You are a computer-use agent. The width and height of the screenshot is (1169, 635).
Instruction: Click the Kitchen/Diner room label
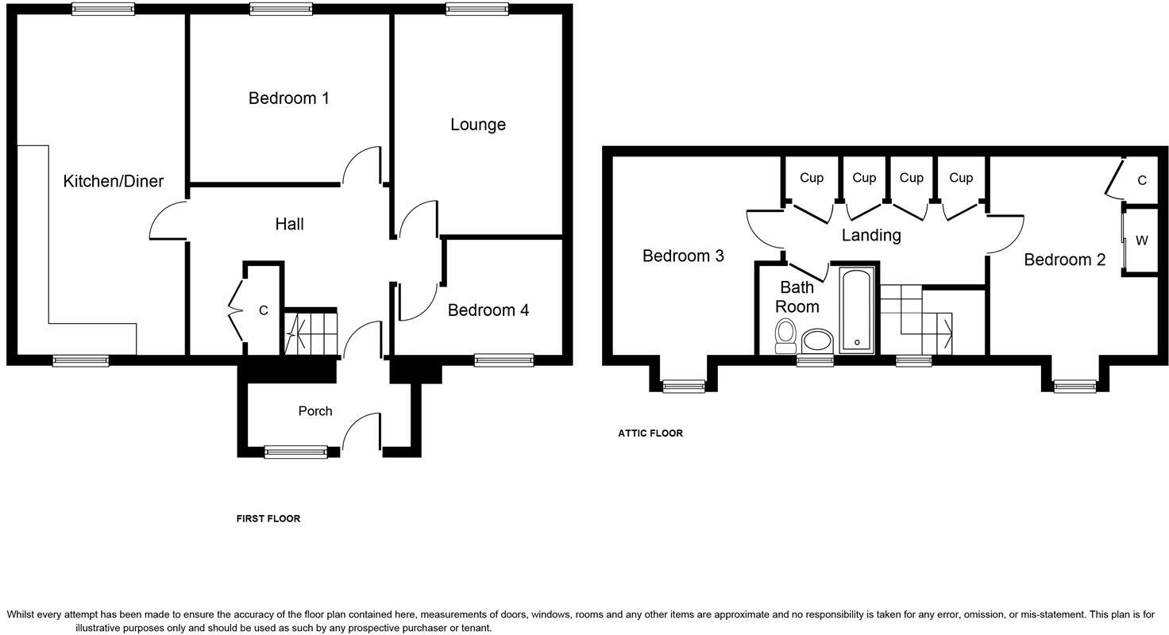pos(113,181)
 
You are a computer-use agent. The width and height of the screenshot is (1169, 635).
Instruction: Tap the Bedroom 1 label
pos(288,98)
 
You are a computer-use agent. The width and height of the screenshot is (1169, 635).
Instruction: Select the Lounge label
pos(477,125)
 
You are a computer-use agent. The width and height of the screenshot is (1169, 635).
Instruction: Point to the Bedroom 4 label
pos(488,310)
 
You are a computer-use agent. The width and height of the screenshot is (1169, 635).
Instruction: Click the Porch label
pos(314,411)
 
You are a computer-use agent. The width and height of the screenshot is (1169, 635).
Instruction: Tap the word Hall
pos(289,225)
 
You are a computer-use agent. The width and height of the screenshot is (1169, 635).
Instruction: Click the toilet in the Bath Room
pos(785,335)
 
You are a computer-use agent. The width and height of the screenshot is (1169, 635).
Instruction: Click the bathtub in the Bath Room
pos(856,310)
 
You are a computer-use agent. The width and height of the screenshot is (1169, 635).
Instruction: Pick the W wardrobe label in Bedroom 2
pos(1141,241)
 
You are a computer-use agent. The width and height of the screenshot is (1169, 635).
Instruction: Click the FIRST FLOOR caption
pos(268,519)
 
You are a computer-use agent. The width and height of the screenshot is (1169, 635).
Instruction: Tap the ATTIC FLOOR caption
pos(650,433)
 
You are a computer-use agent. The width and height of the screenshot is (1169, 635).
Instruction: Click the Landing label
pos(870,235)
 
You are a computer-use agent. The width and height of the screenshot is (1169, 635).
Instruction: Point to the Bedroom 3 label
pos(682,256)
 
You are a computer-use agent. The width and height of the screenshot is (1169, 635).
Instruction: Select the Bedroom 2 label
pos(1064,260)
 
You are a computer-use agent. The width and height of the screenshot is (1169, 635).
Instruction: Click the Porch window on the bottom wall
pos(295,452)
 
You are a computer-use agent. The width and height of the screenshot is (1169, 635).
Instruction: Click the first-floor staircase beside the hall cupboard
pos(311,333)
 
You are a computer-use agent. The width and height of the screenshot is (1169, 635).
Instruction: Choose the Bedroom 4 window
pos(503,360)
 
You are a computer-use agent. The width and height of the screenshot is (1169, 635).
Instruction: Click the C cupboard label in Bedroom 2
pos(1141,181)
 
